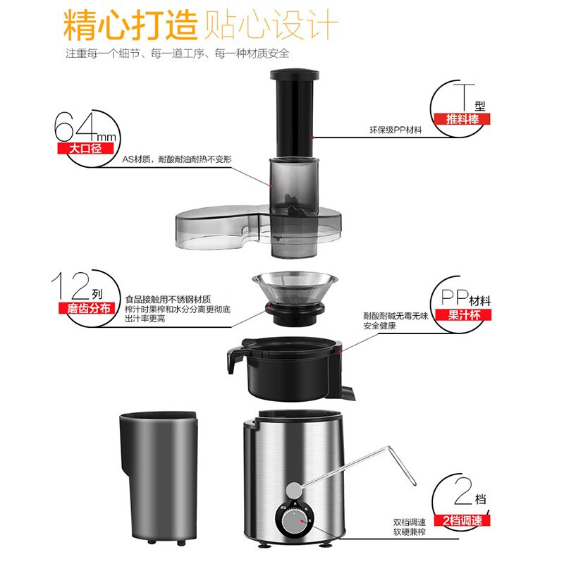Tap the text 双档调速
[x=410, y=522]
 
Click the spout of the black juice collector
[x=233, y=360]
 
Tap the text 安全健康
[x=379, y=326]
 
